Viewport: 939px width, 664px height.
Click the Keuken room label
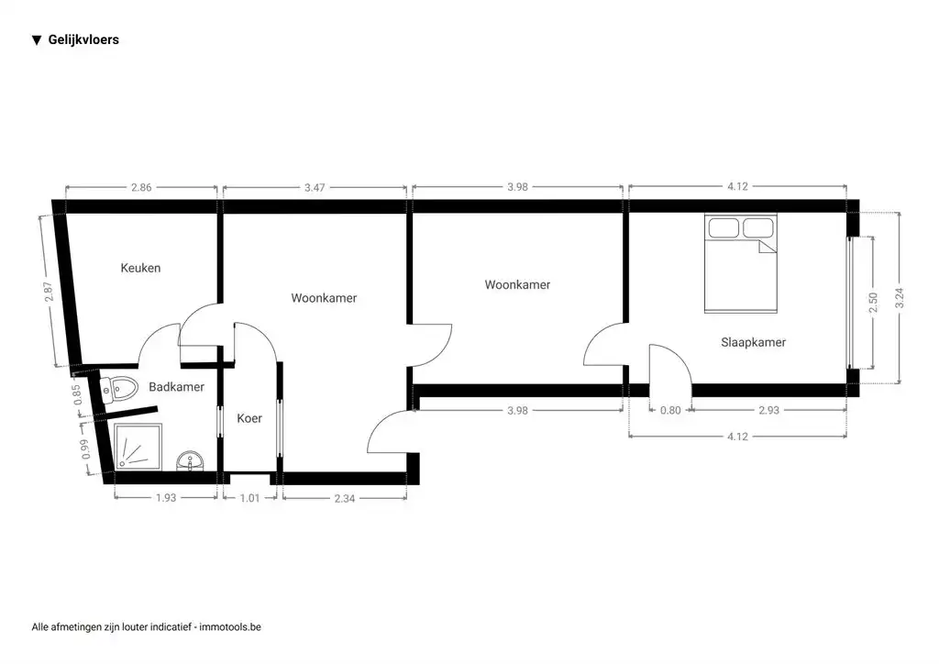pyautogui.click(x=140, y=268)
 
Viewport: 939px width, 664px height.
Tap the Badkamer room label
pyautogui.click(x=176, y=387)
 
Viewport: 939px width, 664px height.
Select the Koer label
pyautogui.click(x=249, y=418)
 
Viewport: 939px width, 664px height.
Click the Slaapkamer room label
pyautogui.click(x=753, y=342)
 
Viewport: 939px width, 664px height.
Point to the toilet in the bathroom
pyautogui.click(x=120, y=389)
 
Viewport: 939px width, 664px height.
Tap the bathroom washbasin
pyautogui.click(x=192, y=459)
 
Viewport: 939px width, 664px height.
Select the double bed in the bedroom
pyautogui.click(x=740, y=263)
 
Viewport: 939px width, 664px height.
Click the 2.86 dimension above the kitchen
pyautogui.click(x=141, y=187)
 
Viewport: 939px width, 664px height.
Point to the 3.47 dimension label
pyautogui.click(x=315, y=187)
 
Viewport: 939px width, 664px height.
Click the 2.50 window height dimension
pyautogui.click(x=873, y=302)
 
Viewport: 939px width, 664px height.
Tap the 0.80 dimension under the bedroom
pyautogui.click(x=670, y=410)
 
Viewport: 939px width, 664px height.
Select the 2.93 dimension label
pyautogui.click(x=768, y=410)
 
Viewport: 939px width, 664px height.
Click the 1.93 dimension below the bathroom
pyautogui.click(x=165, y=498)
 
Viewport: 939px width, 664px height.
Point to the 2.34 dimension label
pyautogui.click(x=345, y=498)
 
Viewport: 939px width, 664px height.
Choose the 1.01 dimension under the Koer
pyautogui.click(x=249, y=498)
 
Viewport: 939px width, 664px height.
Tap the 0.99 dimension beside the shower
pyautogui.click(x=86, y=448)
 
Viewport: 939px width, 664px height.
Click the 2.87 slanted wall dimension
pyautogui.click(x=50, y=292)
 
